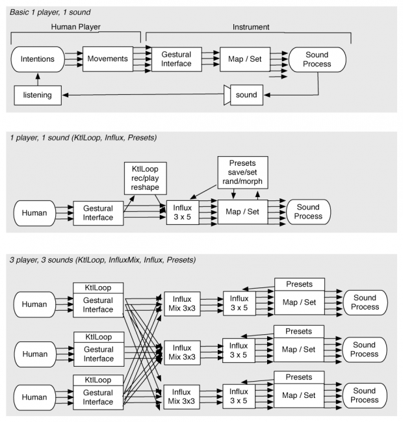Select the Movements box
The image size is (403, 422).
(107, 59)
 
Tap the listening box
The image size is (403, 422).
(37, 96)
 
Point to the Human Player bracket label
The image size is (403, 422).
(79, 27)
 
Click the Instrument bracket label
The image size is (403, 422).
(251, 27)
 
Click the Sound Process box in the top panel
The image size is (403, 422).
(318, 59)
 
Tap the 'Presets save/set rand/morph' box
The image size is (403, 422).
(244, 171)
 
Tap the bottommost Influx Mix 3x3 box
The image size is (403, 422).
(182, 396)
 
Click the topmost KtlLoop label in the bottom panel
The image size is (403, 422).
(97, 287)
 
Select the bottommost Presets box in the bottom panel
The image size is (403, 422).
(299, 376)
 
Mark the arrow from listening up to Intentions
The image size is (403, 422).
(37, 79)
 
